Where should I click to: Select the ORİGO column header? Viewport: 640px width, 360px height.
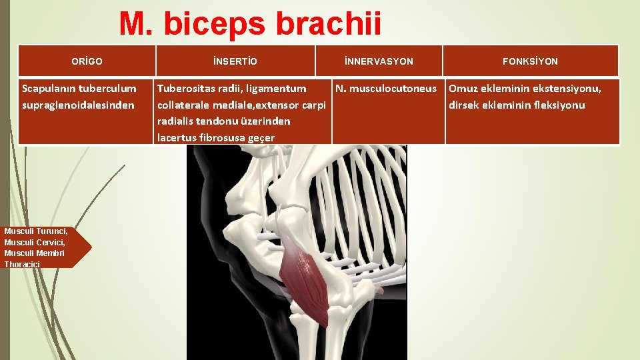click(87, 61)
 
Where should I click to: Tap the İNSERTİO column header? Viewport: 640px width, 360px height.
click(235, 61)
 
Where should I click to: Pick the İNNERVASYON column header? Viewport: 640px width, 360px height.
click(379, 61)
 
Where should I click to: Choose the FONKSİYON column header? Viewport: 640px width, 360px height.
click(530, 61)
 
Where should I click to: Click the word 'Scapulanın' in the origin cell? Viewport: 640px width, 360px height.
click(49, 89)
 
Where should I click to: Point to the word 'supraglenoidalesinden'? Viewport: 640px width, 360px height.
click(78, 105)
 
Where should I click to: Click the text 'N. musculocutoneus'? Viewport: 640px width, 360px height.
click(386, 89)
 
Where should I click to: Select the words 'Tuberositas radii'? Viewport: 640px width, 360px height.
click(200, 89)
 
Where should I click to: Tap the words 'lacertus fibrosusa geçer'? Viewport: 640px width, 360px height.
click(215, 138)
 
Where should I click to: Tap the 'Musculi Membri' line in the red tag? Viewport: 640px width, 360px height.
click(34, 253)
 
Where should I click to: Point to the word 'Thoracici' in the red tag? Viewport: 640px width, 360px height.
click(22, 265)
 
